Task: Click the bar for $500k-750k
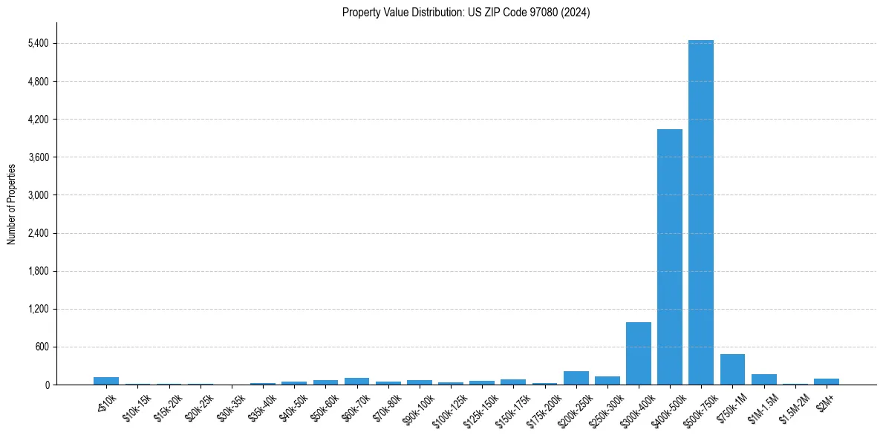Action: [x=700, y=212]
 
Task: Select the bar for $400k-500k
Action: [x=669, y=257]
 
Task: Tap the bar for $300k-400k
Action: [x=638, y=353]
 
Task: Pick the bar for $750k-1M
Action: [x=732, y=370]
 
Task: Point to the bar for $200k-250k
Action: [x=576, y=378]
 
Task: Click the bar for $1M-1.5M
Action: [x=763, y=379]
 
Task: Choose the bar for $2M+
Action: [x=826, y=382]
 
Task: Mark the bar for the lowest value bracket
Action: [x=106, y=381]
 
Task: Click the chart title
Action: [x=466, y=13]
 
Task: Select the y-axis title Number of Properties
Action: [x=12, y=203]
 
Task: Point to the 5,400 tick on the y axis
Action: [x=37, y=43]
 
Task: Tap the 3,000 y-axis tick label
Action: [x=37, y=195]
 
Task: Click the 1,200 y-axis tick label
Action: [x=37, y=309]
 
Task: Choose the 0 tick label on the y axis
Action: [x=46, y=385]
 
